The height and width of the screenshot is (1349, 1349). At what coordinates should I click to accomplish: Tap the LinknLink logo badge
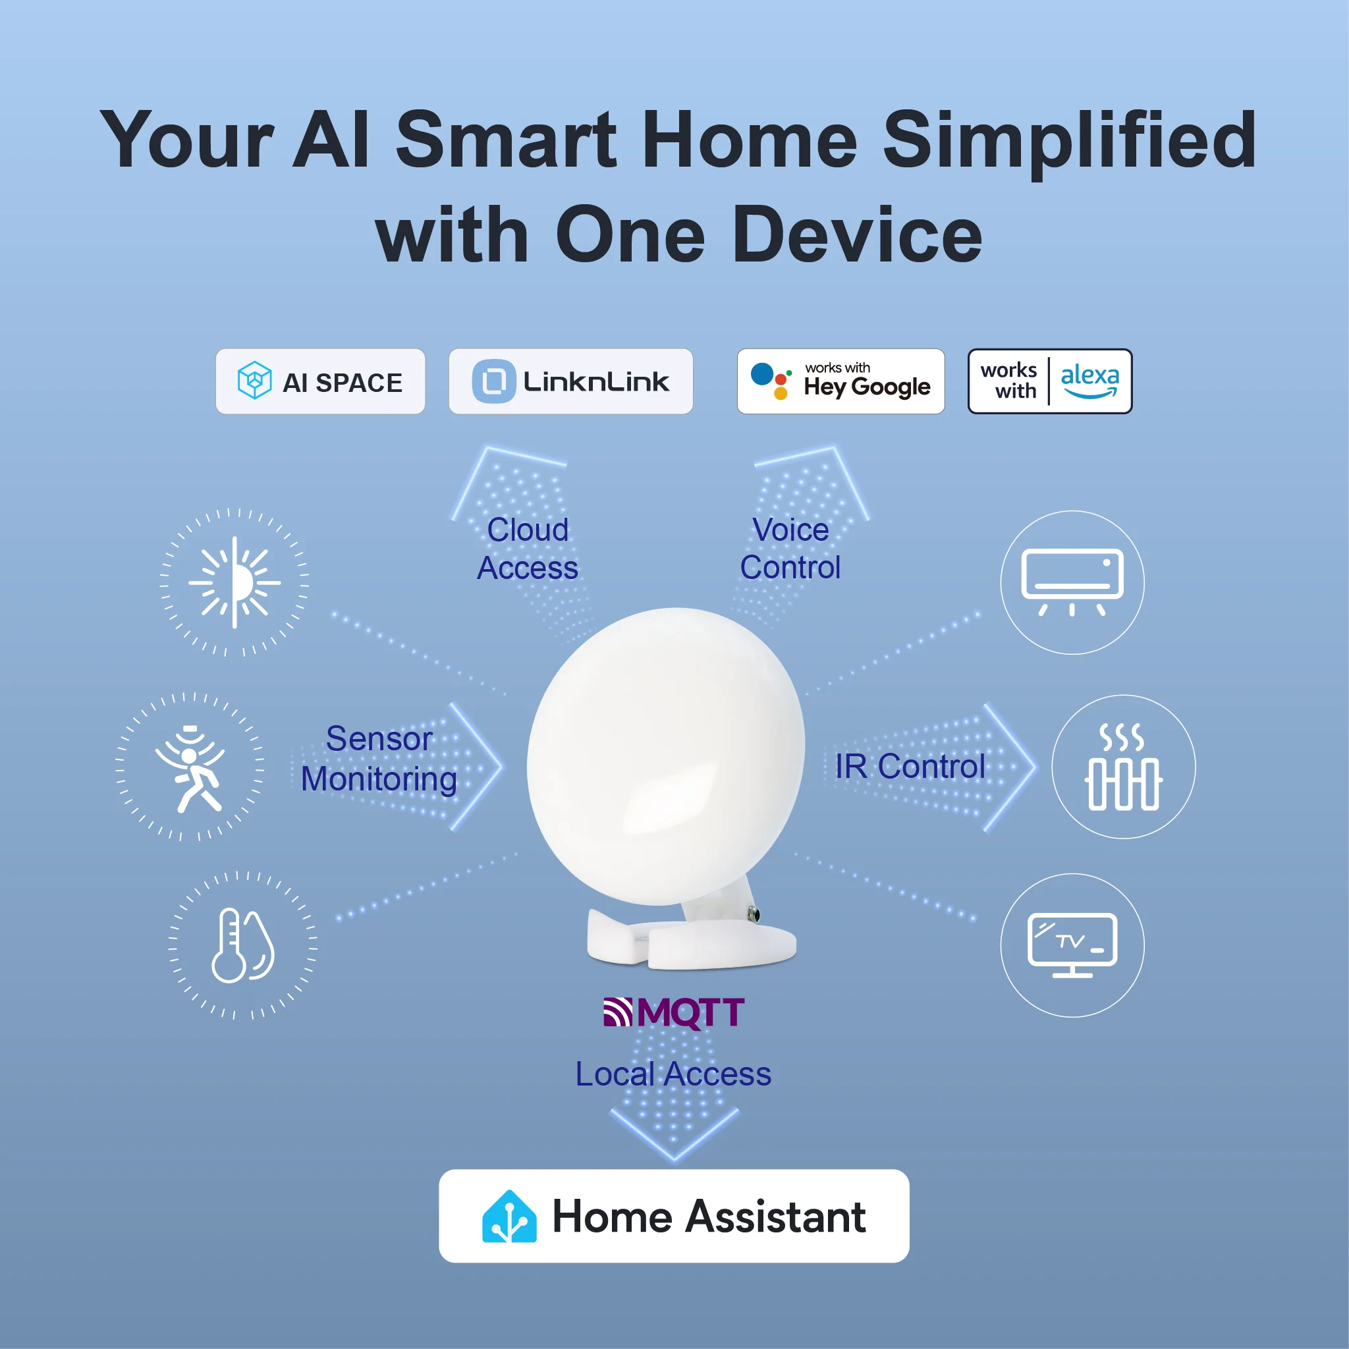(x=570, y=382)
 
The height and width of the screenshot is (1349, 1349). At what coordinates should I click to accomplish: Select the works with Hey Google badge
(x=840, y=382)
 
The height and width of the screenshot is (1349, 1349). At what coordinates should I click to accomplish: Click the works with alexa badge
(x=1049, y=382)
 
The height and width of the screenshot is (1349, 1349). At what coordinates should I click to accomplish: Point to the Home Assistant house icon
(x=509, y=1217)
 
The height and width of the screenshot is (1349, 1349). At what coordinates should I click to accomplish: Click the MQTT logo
(x=674, y=1012)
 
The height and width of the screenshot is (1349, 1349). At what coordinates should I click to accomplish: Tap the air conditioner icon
(x=1072, y=582)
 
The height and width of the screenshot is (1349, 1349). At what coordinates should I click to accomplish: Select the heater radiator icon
(x=1123, y=767)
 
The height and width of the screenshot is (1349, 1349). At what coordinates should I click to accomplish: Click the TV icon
(x=1072, y=945)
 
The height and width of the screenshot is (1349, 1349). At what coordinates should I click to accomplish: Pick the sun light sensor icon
(x=234, y=582)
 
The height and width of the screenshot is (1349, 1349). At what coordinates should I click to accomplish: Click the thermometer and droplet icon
(x=242, y=945)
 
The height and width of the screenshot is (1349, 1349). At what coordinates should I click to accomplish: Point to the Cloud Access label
(x=528, y=549)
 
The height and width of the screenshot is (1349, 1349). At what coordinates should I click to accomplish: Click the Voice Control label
(x=790, y=549)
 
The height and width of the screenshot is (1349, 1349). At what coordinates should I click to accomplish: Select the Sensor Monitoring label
(x=379, y=759)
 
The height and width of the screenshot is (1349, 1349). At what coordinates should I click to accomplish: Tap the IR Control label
(x=910, y=767)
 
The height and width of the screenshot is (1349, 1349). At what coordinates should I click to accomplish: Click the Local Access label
(x=673, y=1074)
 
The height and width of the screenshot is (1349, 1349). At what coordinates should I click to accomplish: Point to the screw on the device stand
(x=754, y=914)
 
